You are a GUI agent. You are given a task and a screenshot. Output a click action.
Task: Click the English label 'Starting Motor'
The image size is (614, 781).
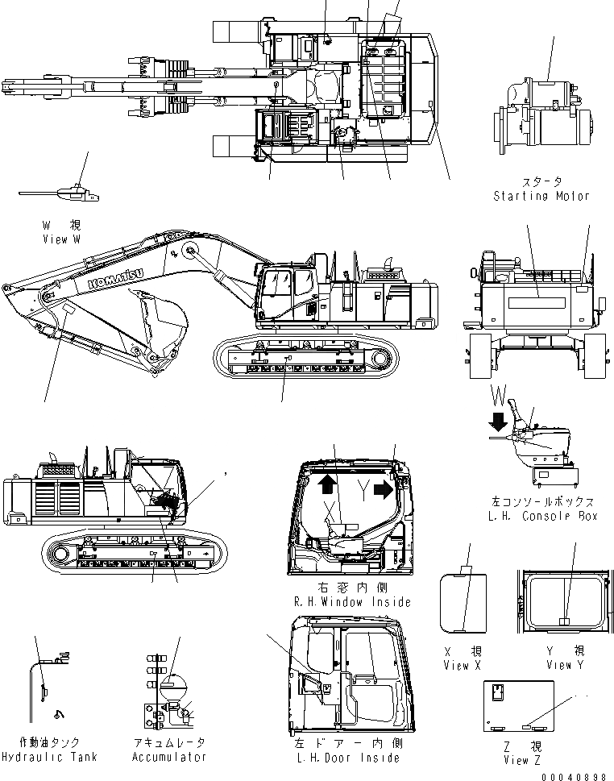[541, 196]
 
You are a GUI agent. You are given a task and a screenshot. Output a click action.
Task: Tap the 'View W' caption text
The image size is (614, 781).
[61, 239]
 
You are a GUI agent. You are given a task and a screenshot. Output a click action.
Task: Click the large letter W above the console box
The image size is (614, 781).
[500, 396]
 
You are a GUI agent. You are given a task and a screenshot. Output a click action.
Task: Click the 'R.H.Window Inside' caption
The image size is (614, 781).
[352, 602]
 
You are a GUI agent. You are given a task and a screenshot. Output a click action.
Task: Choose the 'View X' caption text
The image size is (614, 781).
[462, 665]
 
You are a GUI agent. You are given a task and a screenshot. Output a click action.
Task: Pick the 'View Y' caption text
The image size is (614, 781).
[564, 665]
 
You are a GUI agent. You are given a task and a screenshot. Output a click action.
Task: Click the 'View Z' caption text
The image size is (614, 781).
[516, 760]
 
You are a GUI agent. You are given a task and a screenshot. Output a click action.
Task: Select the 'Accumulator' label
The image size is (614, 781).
[169, 757]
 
